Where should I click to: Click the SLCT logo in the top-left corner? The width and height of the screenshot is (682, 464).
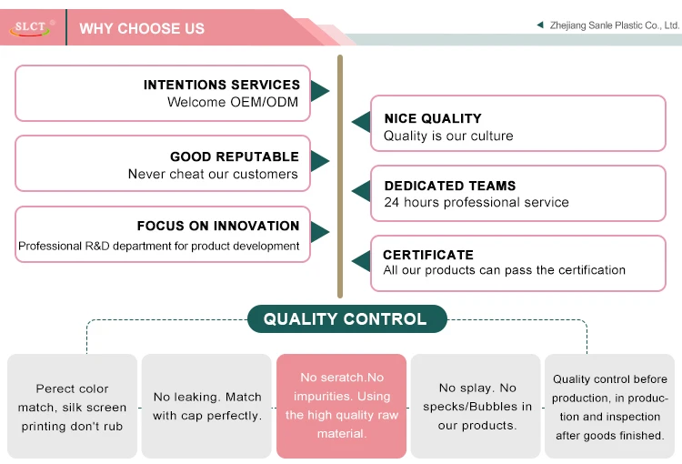pyautogui.click(x=34, y=28)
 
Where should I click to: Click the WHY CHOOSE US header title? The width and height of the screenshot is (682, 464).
pyautogui.click(x=142, y=28)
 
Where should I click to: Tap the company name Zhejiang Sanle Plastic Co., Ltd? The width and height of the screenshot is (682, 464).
pyautogui.click(x=615, y=25)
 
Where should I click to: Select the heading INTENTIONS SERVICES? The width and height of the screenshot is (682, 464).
pyautogui.click(x=221, y=85)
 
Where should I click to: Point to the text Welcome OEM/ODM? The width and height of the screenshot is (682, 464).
pyautogui.click(x=233, y=102)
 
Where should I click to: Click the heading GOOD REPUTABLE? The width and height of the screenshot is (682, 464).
pyautogui.click(x=234, y=156)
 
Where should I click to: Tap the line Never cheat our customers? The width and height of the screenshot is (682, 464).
pyautogui.click(x=213, y=174)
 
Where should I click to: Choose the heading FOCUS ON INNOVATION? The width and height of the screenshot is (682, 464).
pyautogui.click(x=217, y=226)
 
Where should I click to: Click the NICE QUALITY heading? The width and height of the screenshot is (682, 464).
pyautogui.click(x=433, y=118)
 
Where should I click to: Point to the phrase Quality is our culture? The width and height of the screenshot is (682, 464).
pyautogui.click(x=448, y=136)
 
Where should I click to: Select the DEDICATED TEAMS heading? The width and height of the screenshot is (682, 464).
pyautogui.click(x=450, y=186)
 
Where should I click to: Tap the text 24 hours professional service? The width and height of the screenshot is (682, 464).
pyautogui.click(x=476, y=202)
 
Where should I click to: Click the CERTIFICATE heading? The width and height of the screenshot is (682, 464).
pyautogui.click(x=428, y=255)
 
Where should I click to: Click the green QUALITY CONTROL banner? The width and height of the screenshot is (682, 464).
pyautogui.click(x=346, y=319)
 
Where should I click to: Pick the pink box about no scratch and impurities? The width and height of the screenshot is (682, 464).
pyautogui.click(x=341, y=406)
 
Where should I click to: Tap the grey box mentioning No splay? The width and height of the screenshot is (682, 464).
pyautogui.click(x=477, y=406)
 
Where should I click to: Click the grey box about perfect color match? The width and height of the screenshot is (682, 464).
pyautogui.click(x=73, y=406)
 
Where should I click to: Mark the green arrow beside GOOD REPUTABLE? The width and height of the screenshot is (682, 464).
pyautogui.click(x=319, y=161)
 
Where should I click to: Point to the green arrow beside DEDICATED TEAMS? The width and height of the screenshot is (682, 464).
pyautogui.click(x=361, y=191)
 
